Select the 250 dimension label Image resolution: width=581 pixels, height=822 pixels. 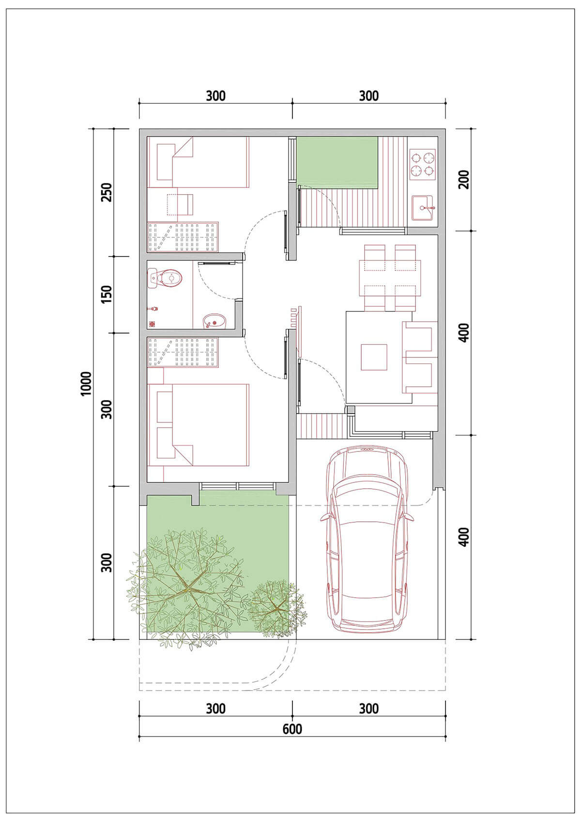coord(107,192)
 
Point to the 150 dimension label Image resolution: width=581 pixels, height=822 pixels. coord(107,294)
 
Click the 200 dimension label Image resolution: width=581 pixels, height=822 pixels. coord(464,179)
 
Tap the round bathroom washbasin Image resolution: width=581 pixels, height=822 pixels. coord(215,321)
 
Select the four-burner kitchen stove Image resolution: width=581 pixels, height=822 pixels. coord(423,164)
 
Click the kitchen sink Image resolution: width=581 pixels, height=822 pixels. coord(423,208)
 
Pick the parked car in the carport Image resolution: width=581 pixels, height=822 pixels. coord(367,540)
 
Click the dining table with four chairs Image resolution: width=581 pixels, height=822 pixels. coord(390,278)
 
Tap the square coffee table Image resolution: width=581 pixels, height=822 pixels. coord(374,357)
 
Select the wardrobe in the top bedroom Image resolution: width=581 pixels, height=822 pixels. coord(183,237)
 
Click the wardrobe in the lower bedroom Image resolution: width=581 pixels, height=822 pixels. coord(183,352)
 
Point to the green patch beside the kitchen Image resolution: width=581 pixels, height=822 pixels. coord(337,163)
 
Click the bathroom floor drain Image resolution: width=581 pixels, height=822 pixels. coord(152,324)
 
